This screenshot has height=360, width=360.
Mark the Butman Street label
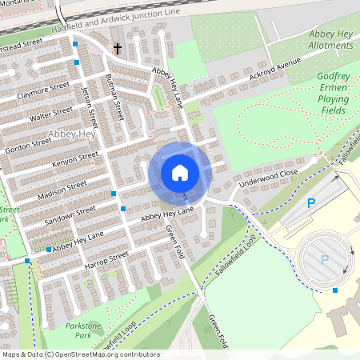pos(114,95)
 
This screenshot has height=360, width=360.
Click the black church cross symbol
pos(118,50)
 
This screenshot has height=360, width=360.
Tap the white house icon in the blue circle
pos(179,172)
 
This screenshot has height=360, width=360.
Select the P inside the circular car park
pos(325,259)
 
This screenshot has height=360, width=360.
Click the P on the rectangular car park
pos(312,205)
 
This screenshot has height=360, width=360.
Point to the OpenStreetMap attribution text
pos(81,354)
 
